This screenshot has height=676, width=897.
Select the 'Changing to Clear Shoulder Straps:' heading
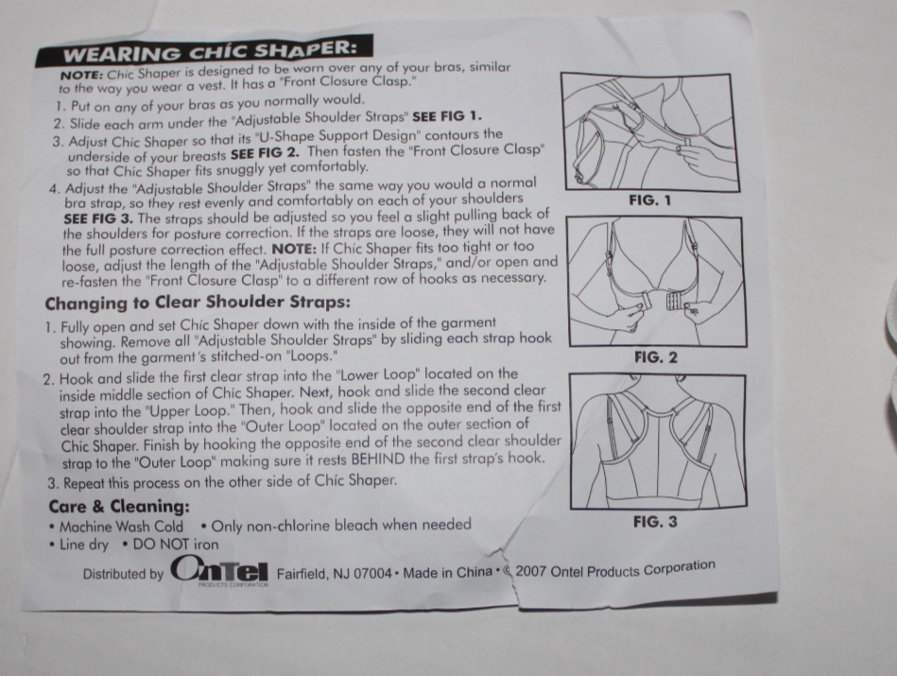click(198, 303)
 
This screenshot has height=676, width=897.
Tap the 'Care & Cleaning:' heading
click(119, 506)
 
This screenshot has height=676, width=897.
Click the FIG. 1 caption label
click(649, 200)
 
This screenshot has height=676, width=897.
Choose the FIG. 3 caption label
click(655, 521)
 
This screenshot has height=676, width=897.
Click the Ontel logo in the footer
click(219, 571)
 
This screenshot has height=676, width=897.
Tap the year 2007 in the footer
click(533, 572)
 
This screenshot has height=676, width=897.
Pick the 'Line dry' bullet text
click(84, 546)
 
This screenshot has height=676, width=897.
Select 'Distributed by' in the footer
click(123, 574)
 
